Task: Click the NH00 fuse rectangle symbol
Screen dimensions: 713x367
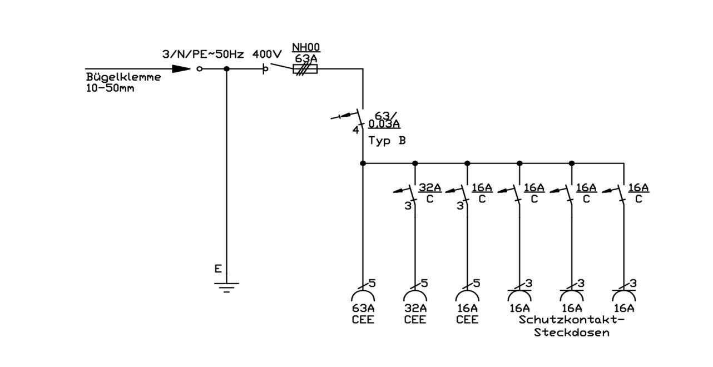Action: pos(305,69)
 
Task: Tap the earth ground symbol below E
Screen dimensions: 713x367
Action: pos(226,287)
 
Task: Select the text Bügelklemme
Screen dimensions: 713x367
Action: pos(123,77)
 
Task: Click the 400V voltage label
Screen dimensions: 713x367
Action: pos(267,54)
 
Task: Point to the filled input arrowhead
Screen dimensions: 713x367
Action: pos(181,69)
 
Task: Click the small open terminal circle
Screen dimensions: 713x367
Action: pos(199,69)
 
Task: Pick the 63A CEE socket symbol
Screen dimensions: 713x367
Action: pos(363,295)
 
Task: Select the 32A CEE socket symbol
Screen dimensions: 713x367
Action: pos(415,295)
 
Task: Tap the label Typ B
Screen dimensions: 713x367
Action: pos(387,141)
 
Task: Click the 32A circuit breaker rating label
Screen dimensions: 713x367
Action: pos(430,187)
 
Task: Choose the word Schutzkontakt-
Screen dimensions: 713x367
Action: pos(572,320)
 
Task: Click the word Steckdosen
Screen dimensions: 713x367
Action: pos(572,333)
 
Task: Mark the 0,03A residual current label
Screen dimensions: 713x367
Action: pos(384,124)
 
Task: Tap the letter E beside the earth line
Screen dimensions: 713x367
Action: pos(218,269)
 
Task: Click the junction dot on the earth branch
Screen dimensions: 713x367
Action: pos(226,69)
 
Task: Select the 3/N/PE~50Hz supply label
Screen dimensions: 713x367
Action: pos(203,54)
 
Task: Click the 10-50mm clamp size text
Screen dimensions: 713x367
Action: pos(110,88)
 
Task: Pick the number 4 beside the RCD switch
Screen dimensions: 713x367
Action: pos(356,130)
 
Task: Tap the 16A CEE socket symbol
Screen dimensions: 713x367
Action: pos(467,295)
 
